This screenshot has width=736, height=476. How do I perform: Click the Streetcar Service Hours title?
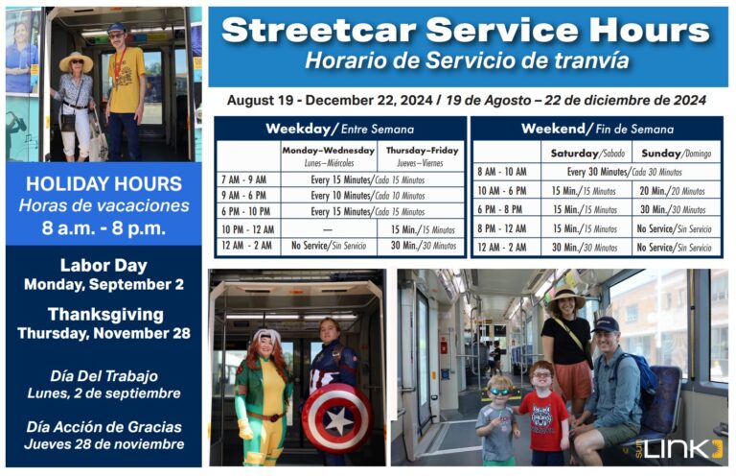click(467, 30)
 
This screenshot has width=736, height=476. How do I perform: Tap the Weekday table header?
click(339, 129)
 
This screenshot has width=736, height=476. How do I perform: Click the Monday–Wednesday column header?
click(327, 155)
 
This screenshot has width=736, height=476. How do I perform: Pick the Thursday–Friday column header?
click(421, 155)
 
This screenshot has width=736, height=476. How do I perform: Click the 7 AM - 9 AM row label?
click(243, 179)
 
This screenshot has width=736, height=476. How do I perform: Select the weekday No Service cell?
click(328, 246)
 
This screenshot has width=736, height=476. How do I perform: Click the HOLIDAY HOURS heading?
click(103, 182)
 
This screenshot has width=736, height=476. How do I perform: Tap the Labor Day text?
click(103, 265)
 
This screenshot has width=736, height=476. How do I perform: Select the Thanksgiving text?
click(103, 314)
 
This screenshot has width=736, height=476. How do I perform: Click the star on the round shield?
click(336, 418)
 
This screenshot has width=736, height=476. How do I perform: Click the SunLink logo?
click(682, 448)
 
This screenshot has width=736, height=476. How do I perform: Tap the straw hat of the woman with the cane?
click(76, 59)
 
